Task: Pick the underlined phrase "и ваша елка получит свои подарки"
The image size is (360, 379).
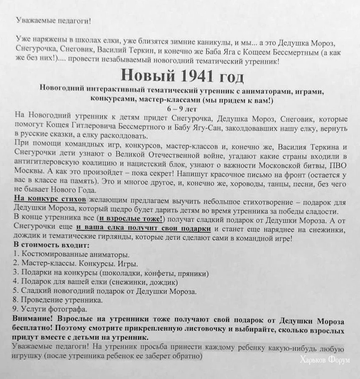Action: point(144,229)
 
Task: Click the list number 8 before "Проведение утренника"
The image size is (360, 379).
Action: point(16,300)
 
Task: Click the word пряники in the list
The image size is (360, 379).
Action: point(191,272)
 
